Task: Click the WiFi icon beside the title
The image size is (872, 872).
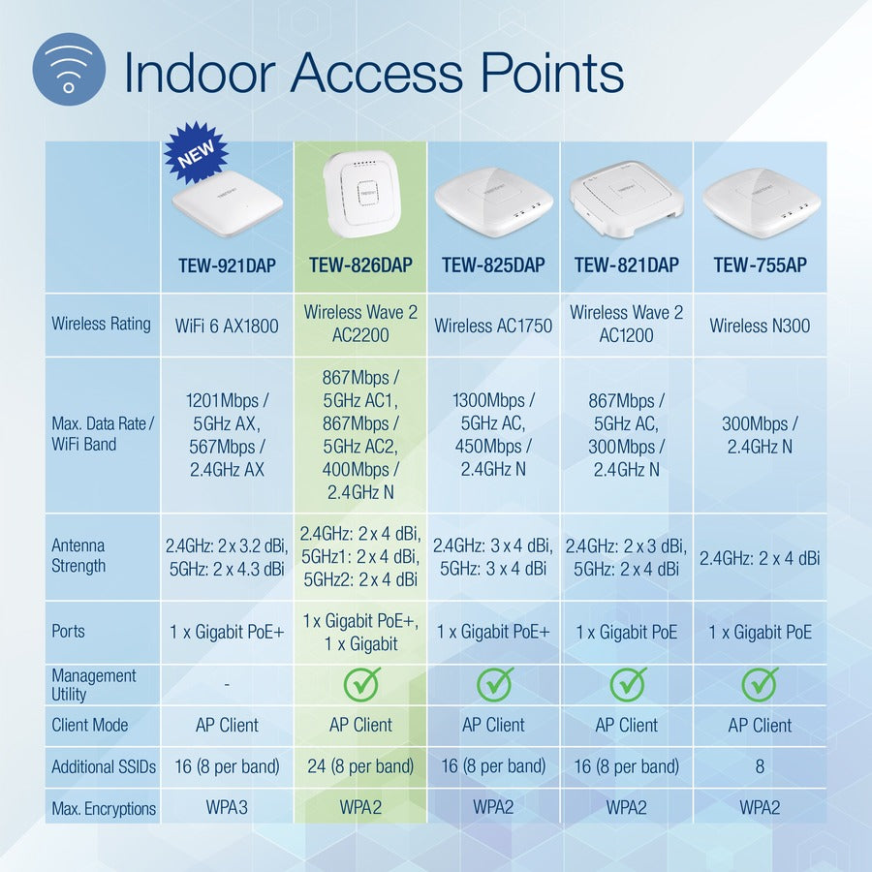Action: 69,69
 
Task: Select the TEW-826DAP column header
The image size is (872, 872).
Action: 360,265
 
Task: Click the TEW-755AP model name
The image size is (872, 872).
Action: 759,265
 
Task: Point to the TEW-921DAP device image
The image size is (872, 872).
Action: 227,202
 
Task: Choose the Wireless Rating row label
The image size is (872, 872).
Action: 101,324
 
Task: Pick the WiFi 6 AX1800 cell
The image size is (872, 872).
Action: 227,326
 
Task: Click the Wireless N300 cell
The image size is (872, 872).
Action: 759,326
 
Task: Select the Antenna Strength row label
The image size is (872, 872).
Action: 78,556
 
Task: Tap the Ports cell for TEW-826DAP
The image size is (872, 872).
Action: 360,632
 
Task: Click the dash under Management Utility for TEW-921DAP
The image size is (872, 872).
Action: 227,684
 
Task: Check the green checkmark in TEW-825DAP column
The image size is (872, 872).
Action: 494,684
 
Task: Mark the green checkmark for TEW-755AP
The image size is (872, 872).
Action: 759,684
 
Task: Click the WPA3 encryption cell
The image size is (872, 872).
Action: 227,807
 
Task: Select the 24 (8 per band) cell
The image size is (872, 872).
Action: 360,766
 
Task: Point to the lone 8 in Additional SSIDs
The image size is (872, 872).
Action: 759,766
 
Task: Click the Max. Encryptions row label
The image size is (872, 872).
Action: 103,808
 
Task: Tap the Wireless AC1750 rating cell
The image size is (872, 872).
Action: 493,326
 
